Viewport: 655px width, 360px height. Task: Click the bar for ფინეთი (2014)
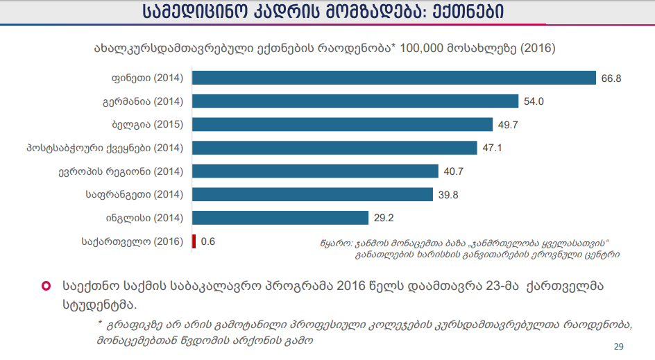click(x=393, y=78)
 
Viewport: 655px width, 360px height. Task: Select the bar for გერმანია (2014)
click(x=355, y=101)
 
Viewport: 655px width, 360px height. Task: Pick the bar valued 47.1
click(x=334, y=148)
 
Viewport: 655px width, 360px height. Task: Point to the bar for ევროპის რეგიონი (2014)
click(x=314, y=171)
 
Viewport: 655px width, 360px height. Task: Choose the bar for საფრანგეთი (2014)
click(x=312, y=194)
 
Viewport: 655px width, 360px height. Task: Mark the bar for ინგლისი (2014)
click(x=280, y=218)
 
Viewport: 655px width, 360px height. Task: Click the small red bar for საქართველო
click(x=194, y=241)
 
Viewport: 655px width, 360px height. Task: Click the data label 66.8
click(x=611, y=78)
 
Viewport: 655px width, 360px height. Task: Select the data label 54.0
click(x=533, y=101)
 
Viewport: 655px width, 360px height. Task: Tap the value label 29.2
click(x=384, y=218)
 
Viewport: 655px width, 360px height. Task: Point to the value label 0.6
click(x=207, y=241)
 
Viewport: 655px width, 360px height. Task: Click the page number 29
click(x=619, y=346)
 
